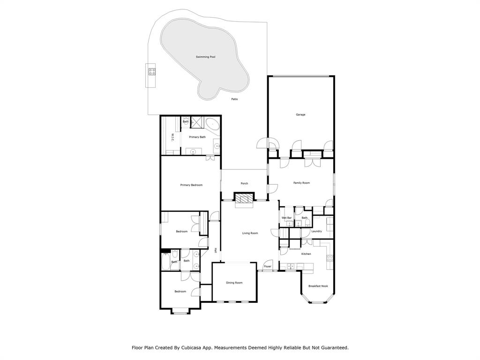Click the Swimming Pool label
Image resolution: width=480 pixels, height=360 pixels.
point(205,57)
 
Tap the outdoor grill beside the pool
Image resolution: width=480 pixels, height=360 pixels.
point(152,72)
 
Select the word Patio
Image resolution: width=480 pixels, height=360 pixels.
point(234,99)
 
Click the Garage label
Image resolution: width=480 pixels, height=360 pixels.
point(300,114)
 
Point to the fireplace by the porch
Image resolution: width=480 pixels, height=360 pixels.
point(244,199)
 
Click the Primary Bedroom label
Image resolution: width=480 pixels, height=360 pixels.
point(191,185)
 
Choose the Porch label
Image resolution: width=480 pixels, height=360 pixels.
point(244,183)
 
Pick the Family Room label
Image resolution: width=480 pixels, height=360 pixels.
point(301,183)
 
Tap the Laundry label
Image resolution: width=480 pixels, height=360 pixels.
point(316,231)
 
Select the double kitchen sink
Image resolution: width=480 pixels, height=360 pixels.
point(291,266)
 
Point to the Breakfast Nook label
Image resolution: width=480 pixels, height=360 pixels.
point(318,286)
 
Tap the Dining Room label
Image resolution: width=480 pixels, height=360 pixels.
point(234,283)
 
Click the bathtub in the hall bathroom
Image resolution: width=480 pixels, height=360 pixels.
point(166,262)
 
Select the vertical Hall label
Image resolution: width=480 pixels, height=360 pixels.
point(215,251)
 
